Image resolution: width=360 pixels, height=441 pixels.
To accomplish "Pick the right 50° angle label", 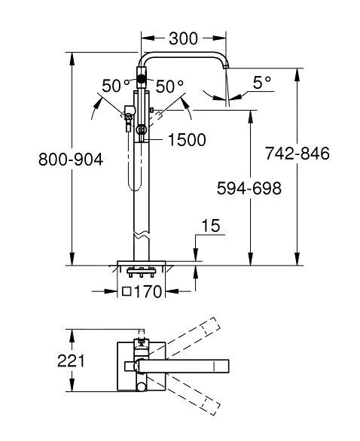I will pos(169,86).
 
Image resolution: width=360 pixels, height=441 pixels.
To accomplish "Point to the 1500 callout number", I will pos(186,140).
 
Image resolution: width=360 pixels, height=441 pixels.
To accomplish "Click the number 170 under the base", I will pos(149,291).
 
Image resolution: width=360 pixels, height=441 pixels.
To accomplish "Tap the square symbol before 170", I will pos(127,291).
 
